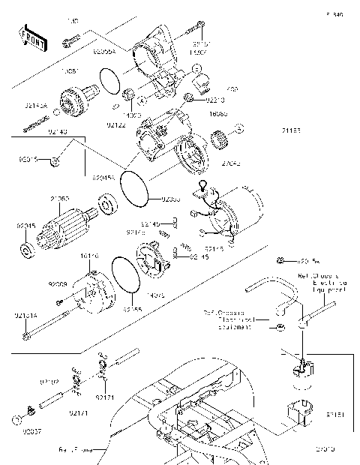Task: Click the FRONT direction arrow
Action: pos(31,38)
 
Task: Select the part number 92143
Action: pos(58,131)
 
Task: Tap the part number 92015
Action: pos(28,159)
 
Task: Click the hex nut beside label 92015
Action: pos(56,160)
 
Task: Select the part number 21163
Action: pos(291,130)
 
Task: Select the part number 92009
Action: pos(58,285)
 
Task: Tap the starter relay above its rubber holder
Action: pos(301,368)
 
